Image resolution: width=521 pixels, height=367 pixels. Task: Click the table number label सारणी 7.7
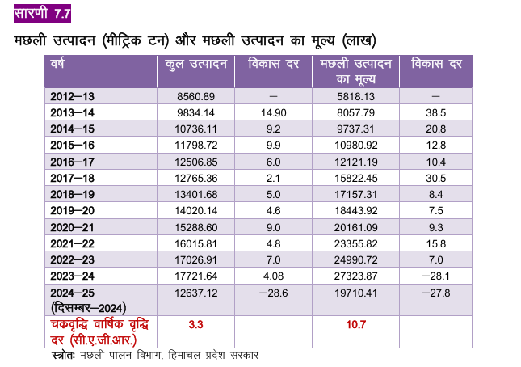pos(42,13)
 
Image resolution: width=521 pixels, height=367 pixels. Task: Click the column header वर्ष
pos(57,63)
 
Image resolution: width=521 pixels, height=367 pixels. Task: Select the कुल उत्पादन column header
pos(196,64)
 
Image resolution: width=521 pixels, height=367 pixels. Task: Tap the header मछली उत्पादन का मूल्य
pos(356,71)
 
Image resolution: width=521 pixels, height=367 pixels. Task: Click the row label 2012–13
pos(72,96)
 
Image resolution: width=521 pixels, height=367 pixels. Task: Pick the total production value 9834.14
pos(195,112)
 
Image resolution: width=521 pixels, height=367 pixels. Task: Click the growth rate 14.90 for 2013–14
pos(274,112)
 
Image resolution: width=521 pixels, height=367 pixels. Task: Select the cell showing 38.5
pos(435,112)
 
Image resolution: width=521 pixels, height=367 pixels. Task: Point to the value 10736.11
pos(195,129)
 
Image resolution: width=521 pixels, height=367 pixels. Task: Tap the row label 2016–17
pos(72,162)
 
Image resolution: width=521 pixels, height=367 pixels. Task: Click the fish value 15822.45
pos(356,178)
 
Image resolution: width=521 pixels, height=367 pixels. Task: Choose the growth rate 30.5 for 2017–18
pos(435,178)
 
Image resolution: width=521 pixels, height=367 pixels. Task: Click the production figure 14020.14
pos(195,210)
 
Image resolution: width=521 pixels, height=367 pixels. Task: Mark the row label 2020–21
pos(72,227)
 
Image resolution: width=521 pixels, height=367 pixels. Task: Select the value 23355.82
pos(356,243)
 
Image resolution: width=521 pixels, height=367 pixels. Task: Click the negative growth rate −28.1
pos(435,276)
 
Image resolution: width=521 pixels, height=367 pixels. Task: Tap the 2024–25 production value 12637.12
pos(195,293)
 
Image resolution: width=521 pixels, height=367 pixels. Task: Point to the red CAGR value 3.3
pos(195,324)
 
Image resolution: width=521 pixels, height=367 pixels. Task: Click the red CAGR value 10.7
pos(356,324)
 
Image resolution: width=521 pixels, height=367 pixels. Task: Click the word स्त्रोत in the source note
pos(64,355)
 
